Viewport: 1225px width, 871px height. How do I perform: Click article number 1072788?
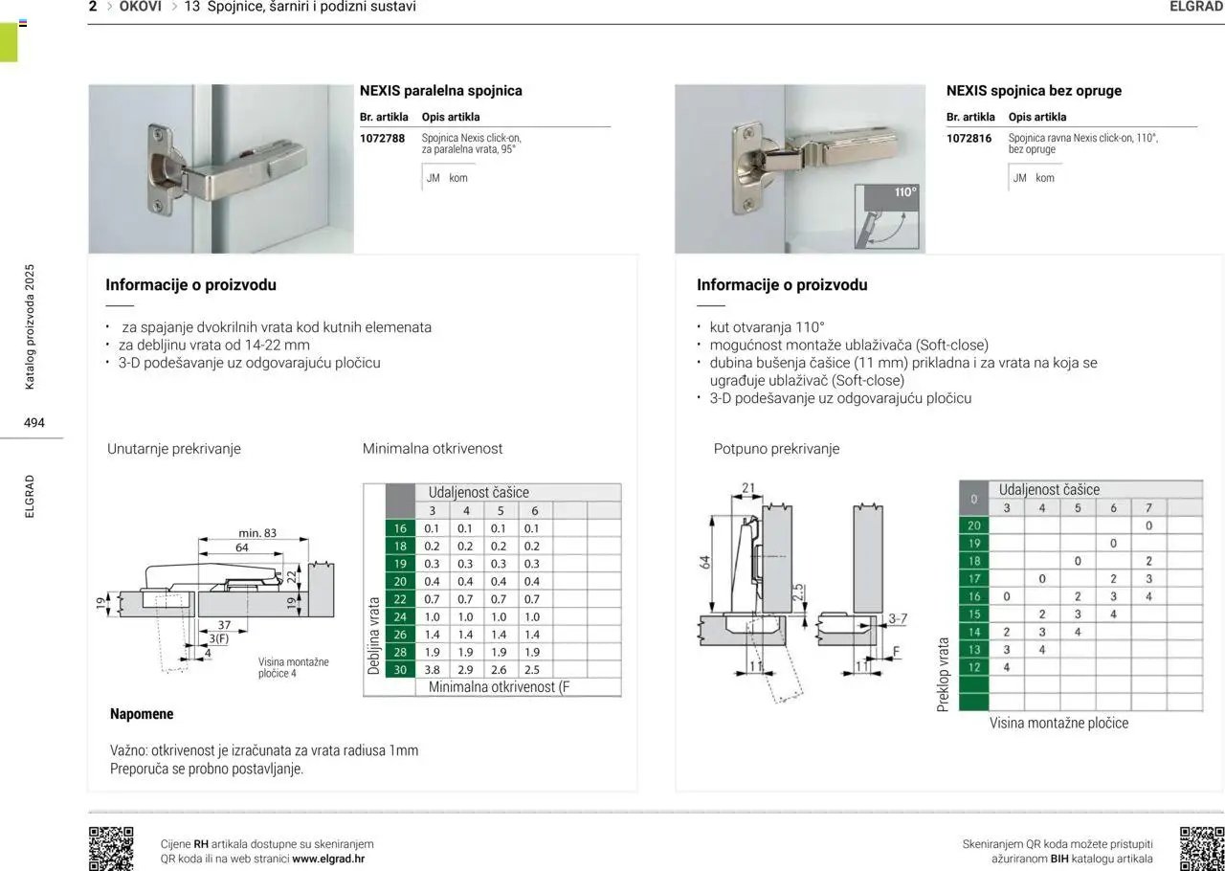coord(382,139)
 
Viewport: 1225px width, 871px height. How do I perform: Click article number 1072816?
coord(969,139)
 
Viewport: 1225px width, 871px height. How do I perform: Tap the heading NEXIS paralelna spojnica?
coord(440,91)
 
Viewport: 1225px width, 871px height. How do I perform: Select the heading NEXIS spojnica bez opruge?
coord(1034,91)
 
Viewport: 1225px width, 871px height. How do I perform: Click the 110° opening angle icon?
coord(891,216)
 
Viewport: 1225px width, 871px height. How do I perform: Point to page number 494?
coord(34,422)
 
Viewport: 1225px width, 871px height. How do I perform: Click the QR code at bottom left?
coord(111,849)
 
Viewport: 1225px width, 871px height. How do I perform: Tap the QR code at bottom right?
coord(1202,849)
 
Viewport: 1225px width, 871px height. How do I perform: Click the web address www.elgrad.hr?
coord(328,859)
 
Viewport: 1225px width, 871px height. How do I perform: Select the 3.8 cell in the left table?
coord(433,670)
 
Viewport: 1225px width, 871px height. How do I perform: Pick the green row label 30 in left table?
coord(400,670)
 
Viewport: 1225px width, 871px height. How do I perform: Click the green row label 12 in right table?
coord(974,667)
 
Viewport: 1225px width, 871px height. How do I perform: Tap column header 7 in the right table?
coord(1148,508)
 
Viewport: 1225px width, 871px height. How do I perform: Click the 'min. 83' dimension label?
coord(257,533)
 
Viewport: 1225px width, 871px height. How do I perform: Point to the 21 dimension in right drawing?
coord(748,488)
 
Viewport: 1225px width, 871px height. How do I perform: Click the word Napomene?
coord(142,714)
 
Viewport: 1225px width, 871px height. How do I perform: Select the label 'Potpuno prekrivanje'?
coord(776,449)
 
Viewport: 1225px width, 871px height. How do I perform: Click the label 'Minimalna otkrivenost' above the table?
coord(432,449)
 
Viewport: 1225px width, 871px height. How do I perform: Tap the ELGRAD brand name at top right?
coord(1196,7)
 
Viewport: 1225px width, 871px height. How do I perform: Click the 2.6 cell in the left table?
coord(500,670)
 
